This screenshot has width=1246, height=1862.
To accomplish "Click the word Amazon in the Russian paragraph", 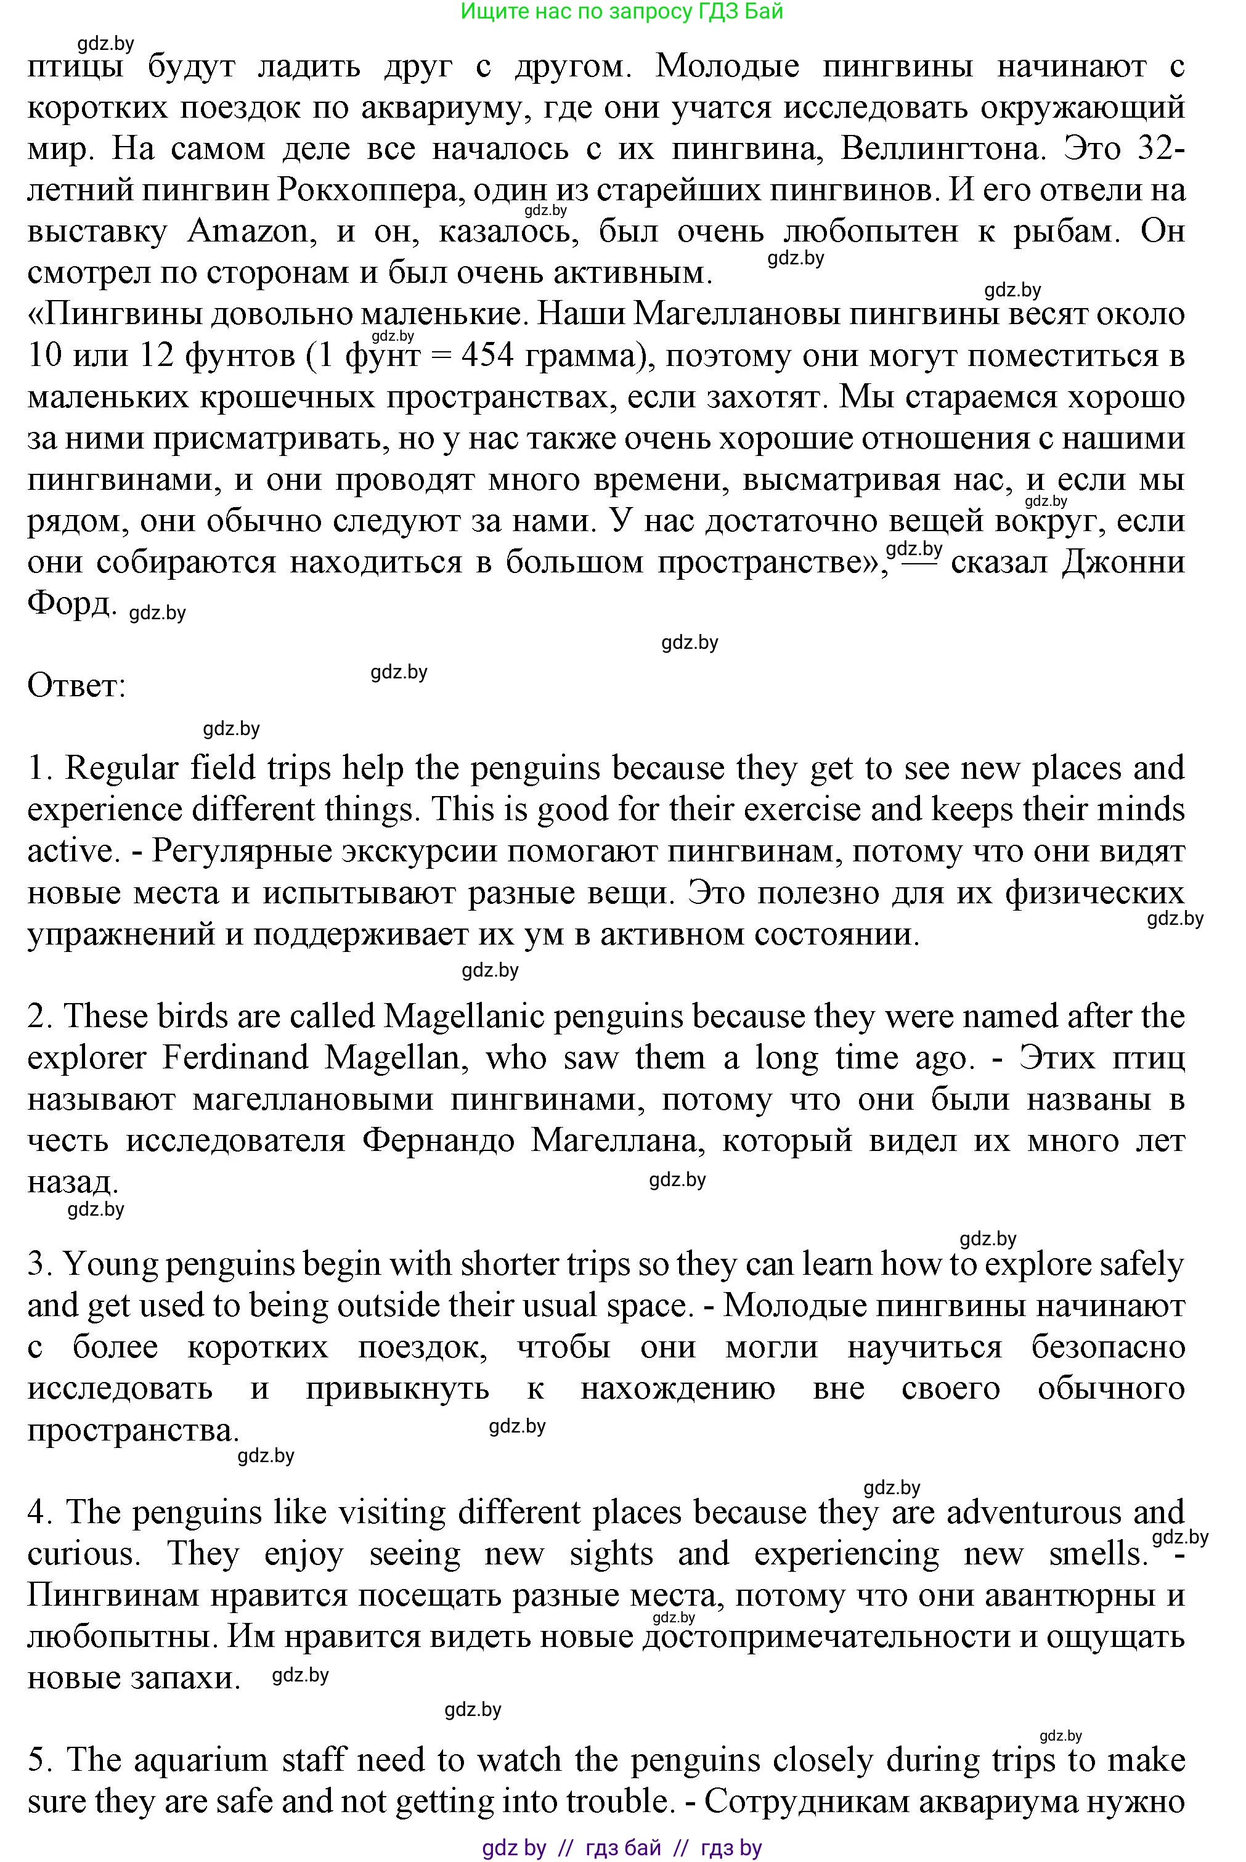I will point(248,231).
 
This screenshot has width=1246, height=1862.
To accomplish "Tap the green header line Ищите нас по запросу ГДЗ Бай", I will point(622,11).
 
